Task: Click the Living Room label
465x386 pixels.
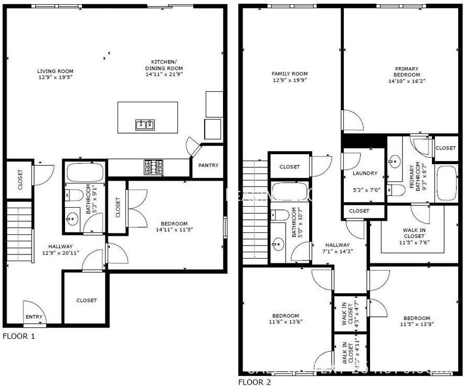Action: [x=55, y=71]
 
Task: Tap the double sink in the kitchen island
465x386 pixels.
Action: [x=145, y=124]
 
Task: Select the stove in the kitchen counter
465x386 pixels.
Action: [x=153, y=167]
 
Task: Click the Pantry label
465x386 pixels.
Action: [x=208, y=165]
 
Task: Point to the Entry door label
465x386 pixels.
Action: [x=34, y=317]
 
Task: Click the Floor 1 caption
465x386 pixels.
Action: [x=19, y=336]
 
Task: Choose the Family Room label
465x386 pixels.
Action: [x=290, y=74]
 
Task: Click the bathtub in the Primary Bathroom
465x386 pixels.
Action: [x=447, y=183]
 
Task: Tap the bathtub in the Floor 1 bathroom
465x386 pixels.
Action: [x=85, y=172]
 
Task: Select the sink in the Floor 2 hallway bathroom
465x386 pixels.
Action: [x=278, y=244]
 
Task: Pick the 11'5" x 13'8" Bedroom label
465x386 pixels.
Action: [x=417, y=318]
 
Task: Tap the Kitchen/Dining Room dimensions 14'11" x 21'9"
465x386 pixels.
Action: [x=164, y=75]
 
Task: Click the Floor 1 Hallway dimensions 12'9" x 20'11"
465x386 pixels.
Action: [x=60, y=253]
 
